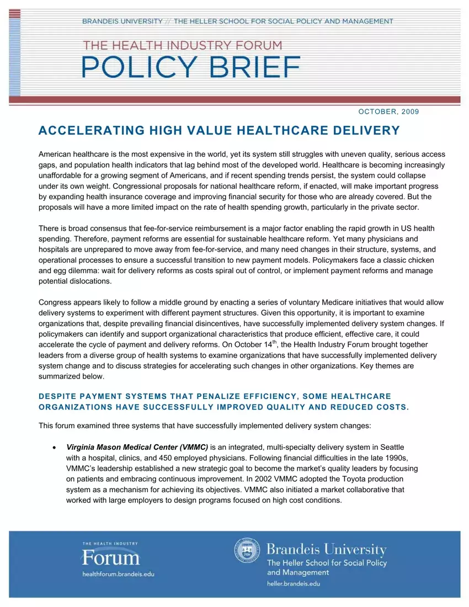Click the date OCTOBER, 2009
point(388,111)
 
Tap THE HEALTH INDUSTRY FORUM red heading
point(182,45)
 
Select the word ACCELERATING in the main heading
point(83,131)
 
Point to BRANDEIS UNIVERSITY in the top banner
point(122,22)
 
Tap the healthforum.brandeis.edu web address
point(118,574)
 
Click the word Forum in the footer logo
point(111,558)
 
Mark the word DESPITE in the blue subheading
point(57,396)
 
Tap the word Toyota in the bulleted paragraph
point(336,479)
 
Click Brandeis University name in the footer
point(326,550)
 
